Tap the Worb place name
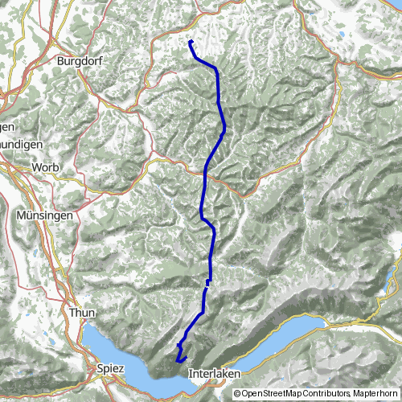(45, 166)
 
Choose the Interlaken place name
(214, 374)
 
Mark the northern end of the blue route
(190, 41)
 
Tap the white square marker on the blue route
(208, 282)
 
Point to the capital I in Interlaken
(191, 374)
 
